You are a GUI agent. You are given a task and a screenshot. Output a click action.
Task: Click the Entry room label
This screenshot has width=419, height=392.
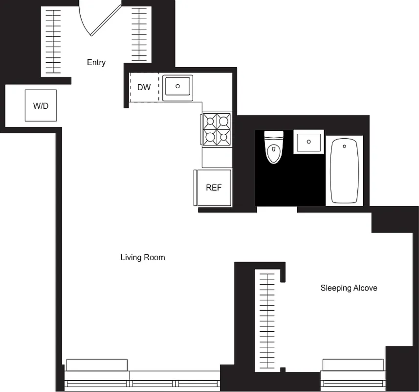[96, 62]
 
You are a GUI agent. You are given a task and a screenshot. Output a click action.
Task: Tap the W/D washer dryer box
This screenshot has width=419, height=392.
[41, 105]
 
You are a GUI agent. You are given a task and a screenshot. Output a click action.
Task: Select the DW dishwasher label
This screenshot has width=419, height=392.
[144, 88]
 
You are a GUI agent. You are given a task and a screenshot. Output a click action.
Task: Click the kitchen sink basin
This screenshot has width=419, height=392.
[177, 87]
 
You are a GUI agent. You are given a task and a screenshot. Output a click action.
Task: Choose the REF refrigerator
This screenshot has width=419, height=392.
[214, 188]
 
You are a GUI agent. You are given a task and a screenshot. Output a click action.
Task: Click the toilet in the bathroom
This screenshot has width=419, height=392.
[274, 148]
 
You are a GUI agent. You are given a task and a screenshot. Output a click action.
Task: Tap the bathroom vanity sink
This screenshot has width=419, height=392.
[309, 142]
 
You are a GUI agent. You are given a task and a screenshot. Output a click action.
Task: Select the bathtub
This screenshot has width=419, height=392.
[345, 171]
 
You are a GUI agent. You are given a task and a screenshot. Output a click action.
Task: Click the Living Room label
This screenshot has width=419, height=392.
[143, 257]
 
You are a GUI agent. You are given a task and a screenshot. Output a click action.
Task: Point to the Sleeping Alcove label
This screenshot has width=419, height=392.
[349, 288]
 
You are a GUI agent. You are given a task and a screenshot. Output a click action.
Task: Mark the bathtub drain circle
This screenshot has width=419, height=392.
[345, 146]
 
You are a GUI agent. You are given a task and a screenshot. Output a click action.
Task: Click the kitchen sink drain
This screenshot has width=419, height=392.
[177, 86]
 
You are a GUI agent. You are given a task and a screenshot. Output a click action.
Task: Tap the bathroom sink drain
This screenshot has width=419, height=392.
[309, 142]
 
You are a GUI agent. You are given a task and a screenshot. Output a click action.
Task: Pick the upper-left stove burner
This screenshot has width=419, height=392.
[210, 120]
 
